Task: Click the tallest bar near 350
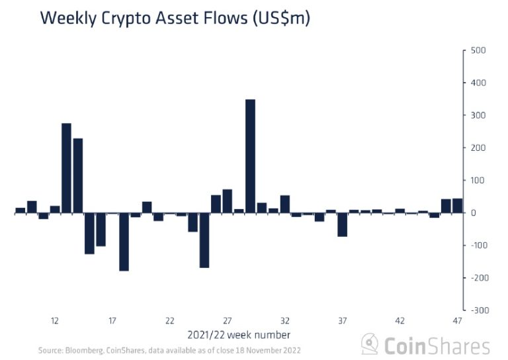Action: pyautogui.click(x=250, y=156)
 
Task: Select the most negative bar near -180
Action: pyautogui.click(x=124, y=242)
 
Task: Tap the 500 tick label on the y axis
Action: pyautogui.click(x=478, y=50)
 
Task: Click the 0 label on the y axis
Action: pyautogui.click(x=474, y=213)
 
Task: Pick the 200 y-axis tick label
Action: pyautogui.click(x=478, y=148)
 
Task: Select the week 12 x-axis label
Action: pyautogui.click(x=55, y=321)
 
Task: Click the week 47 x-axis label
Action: pyautogui.click(x=457, y=321)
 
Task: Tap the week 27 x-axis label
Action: pyautogui.click(x=228, y=321)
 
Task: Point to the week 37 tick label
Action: pyautogui.click(x=343, y=321)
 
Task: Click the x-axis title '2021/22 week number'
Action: pyautogui.click(x=239, y=334)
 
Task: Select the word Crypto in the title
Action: pyautogui.click(x=130, y=19)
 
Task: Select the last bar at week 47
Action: pyautogui.click(x=457, y=206)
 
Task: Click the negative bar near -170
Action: pyautogui.click(x=204, y=240)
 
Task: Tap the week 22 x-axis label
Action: pyautogui.click(x=170, y=321)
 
